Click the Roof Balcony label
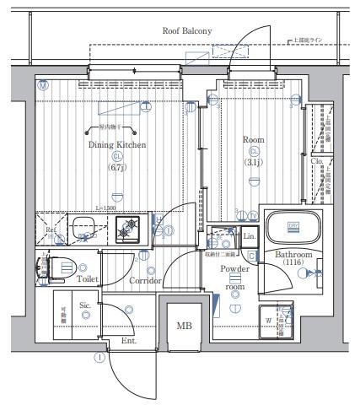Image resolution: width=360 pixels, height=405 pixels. point(187,31)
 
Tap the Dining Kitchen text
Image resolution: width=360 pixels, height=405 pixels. point(117,144)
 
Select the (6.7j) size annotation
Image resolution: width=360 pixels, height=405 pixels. point(117,168)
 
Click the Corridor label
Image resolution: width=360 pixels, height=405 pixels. point(146,279)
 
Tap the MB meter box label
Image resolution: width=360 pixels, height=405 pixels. point(183,324)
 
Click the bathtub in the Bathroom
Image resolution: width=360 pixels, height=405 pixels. point(294,228)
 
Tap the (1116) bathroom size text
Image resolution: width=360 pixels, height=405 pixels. point(293,262)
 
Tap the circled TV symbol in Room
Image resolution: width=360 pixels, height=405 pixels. point(253,215)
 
